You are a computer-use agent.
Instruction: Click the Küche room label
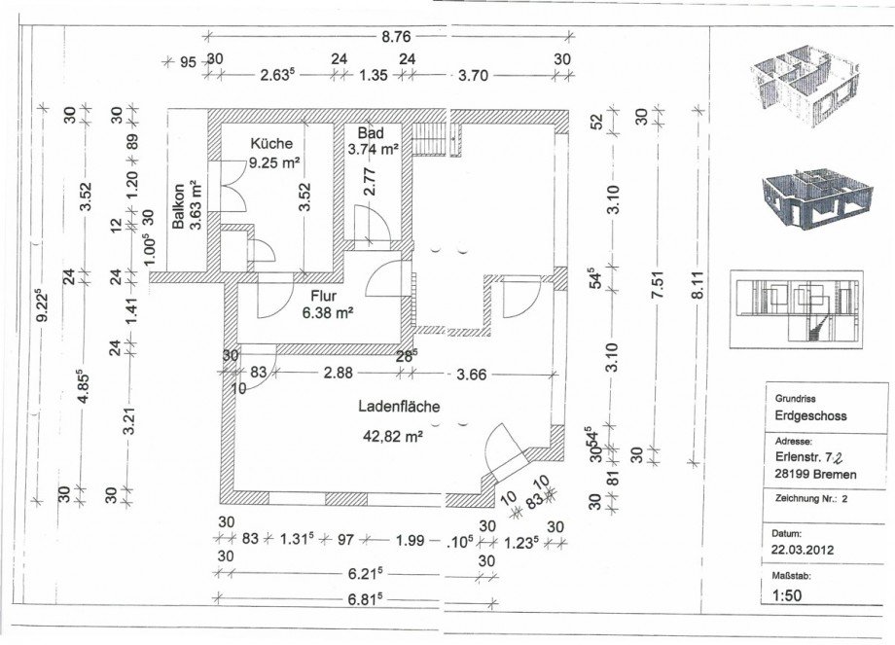[271, 143]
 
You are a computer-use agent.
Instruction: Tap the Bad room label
[371, 133]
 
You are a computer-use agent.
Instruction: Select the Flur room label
[324, 297]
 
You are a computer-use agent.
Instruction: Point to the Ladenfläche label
[399, 407]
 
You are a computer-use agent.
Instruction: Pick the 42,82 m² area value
[393, 437]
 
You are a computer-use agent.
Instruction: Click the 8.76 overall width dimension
[396, 37]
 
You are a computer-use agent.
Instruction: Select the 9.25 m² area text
[274, 162]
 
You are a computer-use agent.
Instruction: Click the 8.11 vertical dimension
[698, 284]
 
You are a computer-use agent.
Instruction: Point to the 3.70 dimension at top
[473, 75]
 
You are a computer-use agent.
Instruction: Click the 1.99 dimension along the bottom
[411, 539]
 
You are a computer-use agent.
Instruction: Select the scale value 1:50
[787, 596]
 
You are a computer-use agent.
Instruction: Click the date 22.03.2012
[803, 551]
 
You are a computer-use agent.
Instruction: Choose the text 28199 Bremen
[815, 474]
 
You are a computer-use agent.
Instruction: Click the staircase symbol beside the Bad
[436, 139]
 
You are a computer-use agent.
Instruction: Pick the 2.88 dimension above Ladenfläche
[338, 374]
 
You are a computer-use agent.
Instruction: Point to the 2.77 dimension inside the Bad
[370, 182]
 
